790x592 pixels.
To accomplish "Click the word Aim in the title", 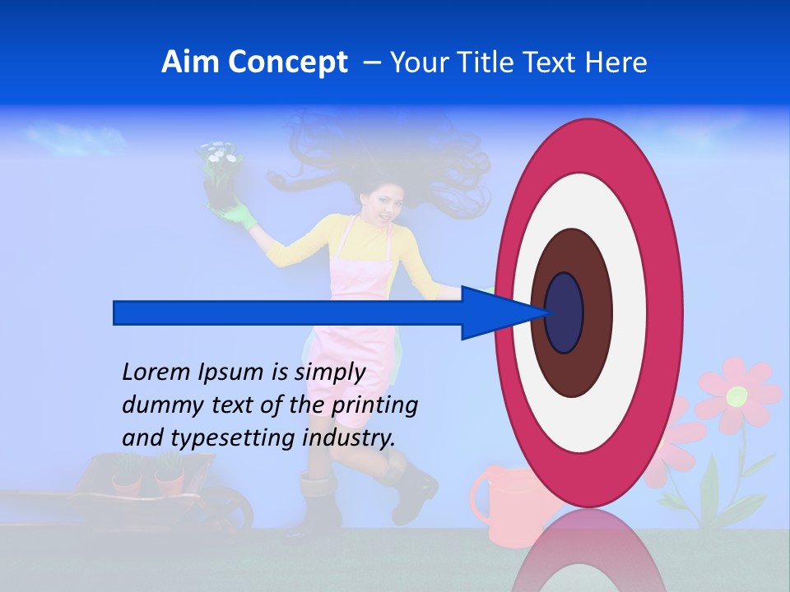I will pyautogui.click(x=190, y=62).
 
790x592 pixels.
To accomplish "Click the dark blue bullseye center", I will pyautogui.click(x=565, y=312).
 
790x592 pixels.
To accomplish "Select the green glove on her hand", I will pyautogui.click(x=239, y=215).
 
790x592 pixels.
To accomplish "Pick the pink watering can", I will pyautogui.click(x=502, y=502).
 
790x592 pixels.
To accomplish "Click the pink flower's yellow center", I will pyautogui.click(x=737, y=396).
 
